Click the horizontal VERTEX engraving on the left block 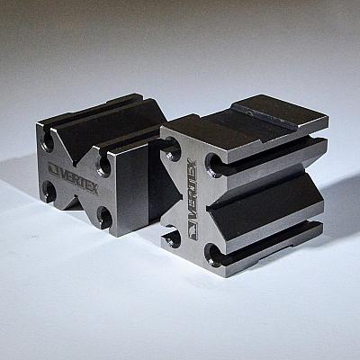78,179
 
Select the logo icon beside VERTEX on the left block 53,169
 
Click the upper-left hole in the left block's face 48,140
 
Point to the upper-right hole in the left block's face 104,164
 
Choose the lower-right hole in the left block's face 104,216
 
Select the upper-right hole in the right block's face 213,164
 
